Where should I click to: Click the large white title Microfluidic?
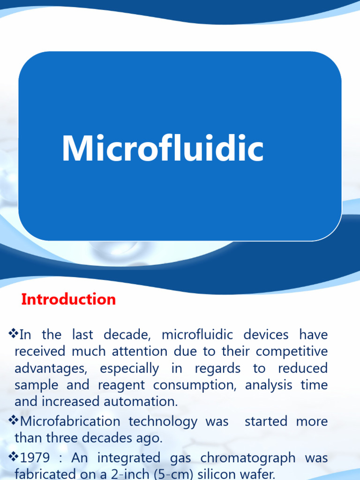click(163, 149)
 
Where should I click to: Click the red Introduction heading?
click(68, 300)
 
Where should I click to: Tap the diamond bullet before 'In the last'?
click(14, 334)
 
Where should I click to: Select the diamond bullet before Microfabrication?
click(14, 420)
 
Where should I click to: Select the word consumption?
click(195, 385)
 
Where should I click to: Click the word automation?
click(142, 402)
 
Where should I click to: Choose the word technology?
click(163, 421)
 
